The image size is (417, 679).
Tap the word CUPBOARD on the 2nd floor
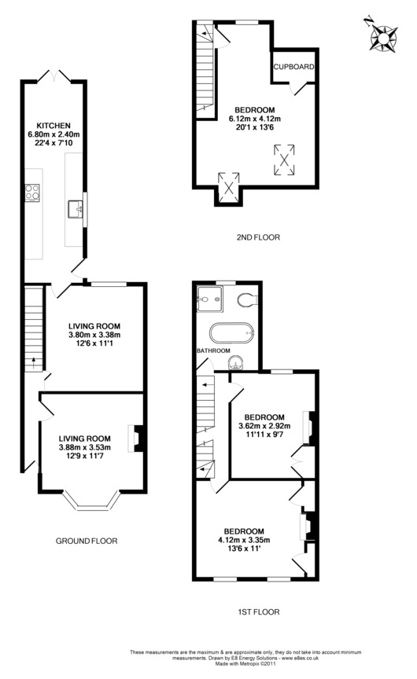pyautogui.click(x=294, y=67)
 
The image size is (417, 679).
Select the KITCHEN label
pyautogui.click(x=54, y=126)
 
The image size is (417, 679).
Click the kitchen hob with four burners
pyautogui.click(x=32, y=193)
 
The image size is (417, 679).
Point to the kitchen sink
pyautogui.click(x=76, y=209)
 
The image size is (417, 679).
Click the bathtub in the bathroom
pyautogui.click(x=232, y=334)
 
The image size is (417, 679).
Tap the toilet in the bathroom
pyautogui.click(x=248, y=299)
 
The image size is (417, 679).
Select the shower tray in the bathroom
pyautogui.click(x=209, y=299)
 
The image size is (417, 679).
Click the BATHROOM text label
pyautogui.click(x=213, y=351)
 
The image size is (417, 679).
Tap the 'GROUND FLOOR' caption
pyautogui.click(x=87, y=541)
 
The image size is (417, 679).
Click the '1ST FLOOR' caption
pyautogui.click(x=259, y=612)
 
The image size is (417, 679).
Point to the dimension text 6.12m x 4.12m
pyautogui.click(x=255, y=119)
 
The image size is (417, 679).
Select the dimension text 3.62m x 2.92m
pyautogui.click(x=264, y=426)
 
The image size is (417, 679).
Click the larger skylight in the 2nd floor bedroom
pyautogui.click(x=284, y=160)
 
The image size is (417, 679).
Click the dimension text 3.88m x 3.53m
pyautogui.click(x=85, y=447)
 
